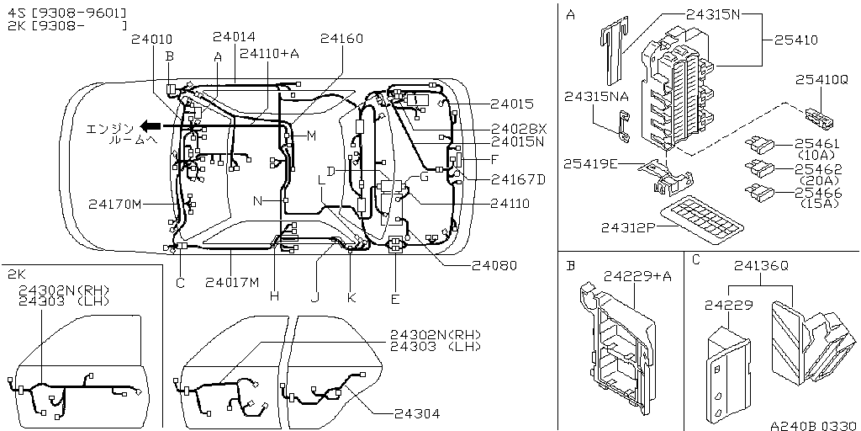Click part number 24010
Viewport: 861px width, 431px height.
(x=152, y=39)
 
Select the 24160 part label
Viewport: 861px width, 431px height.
(x=342, y=38)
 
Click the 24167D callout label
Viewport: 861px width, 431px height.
(x=518, y=178)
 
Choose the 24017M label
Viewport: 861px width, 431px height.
(x=232, y=281)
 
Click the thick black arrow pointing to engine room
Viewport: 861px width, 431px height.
(x=151, y=126)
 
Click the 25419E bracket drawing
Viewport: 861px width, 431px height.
(x=664, y=173)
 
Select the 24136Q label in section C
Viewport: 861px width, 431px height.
(x=760, y=265)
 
